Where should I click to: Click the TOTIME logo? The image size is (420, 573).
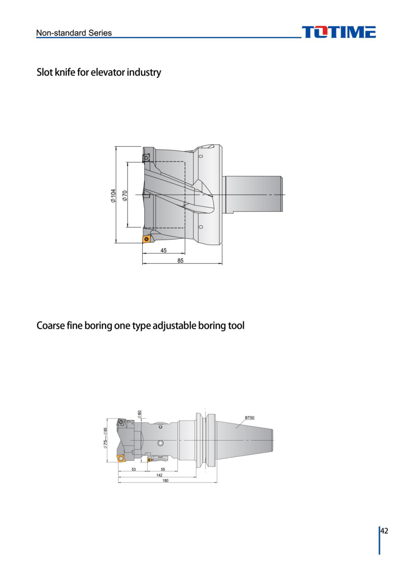pos(339,32)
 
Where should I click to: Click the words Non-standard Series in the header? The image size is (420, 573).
pos(74,33)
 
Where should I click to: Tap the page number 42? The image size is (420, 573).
pos(384,531)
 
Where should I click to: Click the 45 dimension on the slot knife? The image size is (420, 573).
pos(164,250)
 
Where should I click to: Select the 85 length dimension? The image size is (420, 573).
pos(180,260)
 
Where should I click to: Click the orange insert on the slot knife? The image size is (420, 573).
pos(147,239)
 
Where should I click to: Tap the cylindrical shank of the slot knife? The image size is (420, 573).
pos(254,195)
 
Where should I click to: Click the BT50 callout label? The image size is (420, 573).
pos(250,417)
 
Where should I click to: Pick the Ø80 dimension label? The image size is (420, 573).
pos(140,414)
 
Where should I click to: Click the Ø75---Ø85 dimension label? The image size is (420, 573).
pos(105,438)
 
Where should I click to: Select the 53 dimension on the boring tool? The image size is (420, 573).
pos(133,470)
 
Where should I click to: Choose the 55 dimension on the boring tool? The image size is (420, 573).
pos(163,470)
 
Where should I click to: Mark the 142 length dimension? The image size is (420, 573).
pos(159,475)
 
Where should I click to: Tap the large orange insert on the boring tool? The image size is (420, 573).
pos(121,458)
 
